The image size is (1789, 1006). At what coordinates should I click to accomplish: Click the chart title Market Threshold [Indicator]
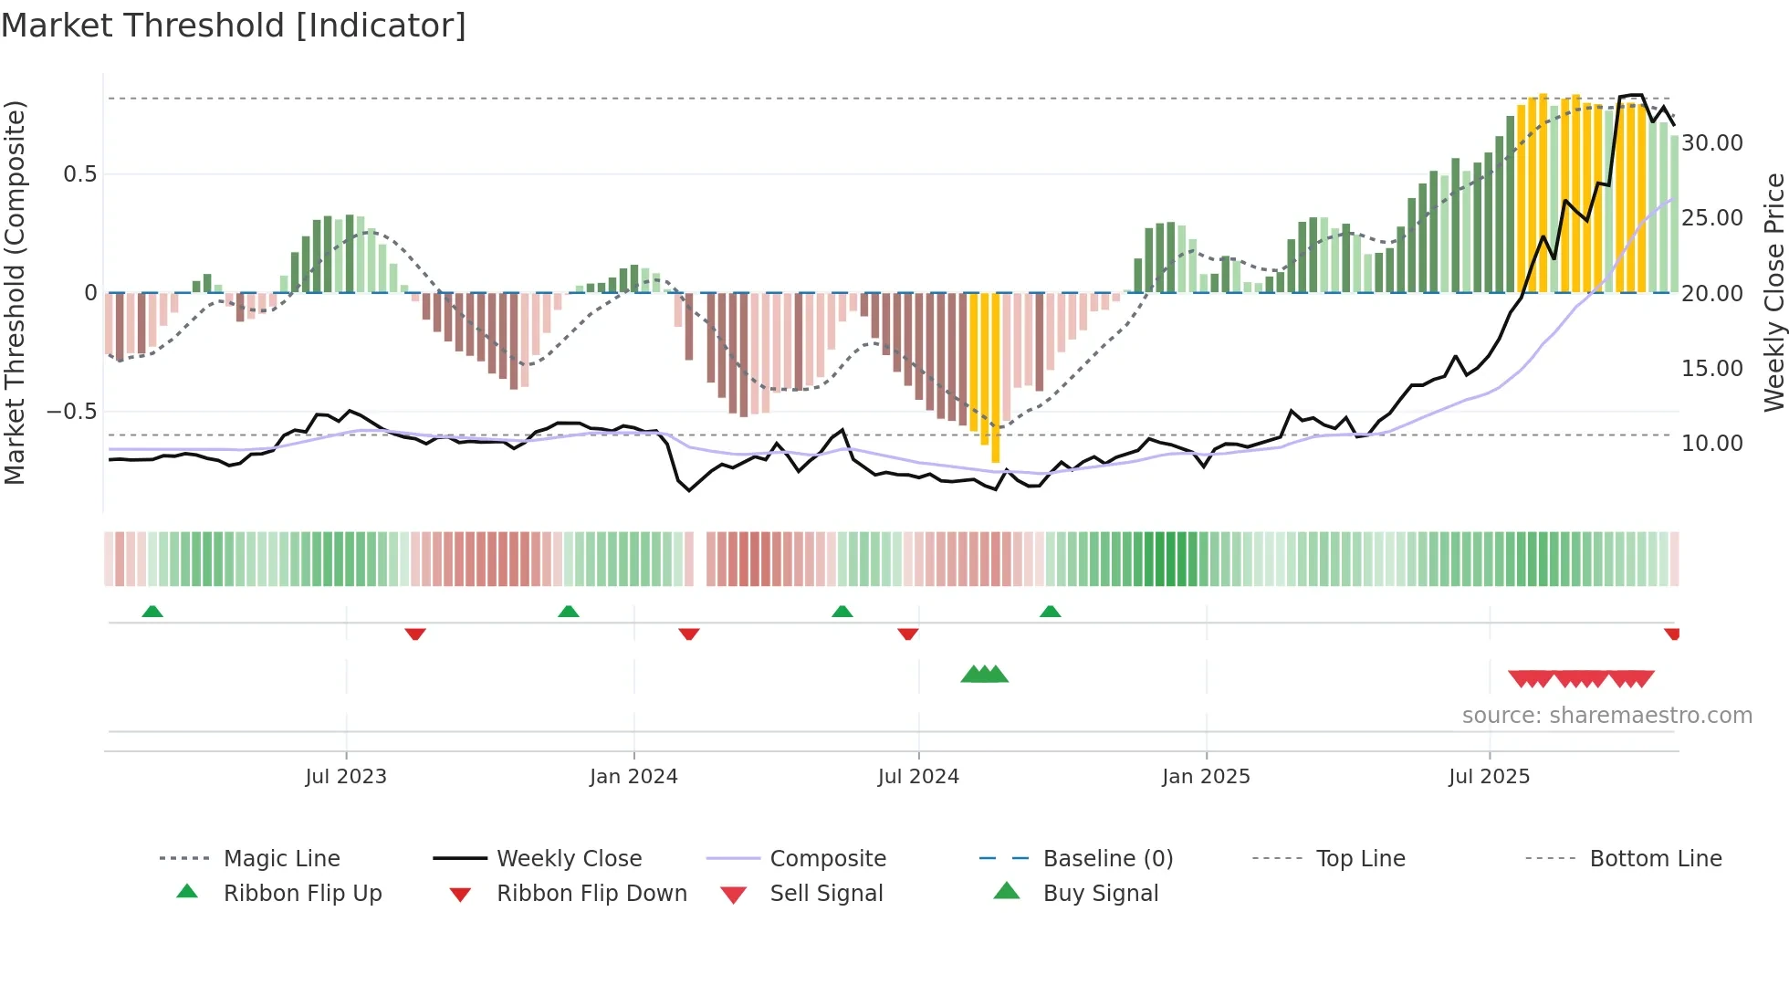pyautogui.click(x=234, y=26)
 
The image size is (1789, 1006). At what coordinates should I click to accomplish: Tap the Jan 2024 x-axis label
pyautogui.click(x=633, y=777)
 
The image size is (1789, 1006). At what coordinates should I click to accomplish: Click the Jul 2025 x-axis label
pyautogui.click(x=1489, y=777)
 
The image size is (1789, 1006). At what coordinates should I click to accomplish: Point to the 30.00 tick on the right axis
pyautogui.click(x=1712, y=143)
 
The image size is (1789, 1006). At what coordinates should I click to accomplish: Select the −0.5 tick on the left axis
pyautogui.click(x=72, y=412)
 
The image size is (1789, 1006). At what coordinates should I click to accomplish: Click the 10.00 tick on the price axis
pyautogui.click(x=1712, y=444)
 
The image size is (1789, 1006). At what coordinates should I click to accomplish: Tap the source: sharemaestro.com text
pyautogui.click(x=1606, y=716)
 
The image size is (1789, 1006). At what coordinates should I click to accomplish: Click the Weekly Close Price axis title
pyautogui.click(x=1773, y=292)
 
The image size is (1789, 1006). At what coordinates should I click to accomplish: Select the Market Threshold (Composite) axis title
pyautogui.click(x=15, y=292)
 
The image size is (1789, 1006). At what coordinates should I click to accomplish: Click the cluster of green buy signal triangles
pyautogui.click(x=984, y=675)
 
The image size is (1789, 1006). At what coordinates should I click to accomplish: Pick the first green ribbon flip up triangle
pyautogui.click(x=152, y=612)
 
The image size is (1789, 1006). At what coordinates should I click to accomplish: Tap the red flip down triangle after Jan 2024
pyautogui.click(x=689, y=634)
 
